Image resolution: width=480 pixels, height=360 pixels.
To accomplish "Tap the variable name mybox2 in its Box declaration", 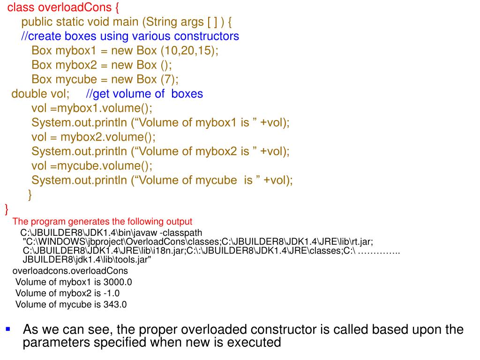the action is [73, 65].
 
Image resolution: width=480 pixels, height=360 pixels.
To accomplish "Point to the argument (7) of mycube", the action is [169, 79].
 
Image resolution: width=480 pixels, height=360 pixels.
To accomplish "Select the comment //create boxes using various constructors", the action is [130, 36].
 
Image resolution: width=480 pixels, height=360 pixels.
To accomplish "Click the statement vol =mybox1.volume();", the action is [92, 108].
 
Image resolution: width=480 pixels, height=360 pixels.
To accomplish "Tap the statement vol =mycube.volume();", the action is [92, 166].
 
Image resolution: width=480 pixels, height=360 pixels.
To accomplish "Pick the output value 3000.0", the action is [118, 282].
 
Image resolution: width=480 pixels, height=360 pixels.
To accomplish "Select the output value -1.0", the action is [112, 293].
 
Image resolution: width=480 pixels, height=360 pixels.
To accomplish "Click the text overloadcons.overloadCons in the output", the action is [70, 271].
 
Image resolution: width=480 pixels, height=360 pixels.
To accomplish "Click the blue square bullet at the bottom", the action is [7, 330].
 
